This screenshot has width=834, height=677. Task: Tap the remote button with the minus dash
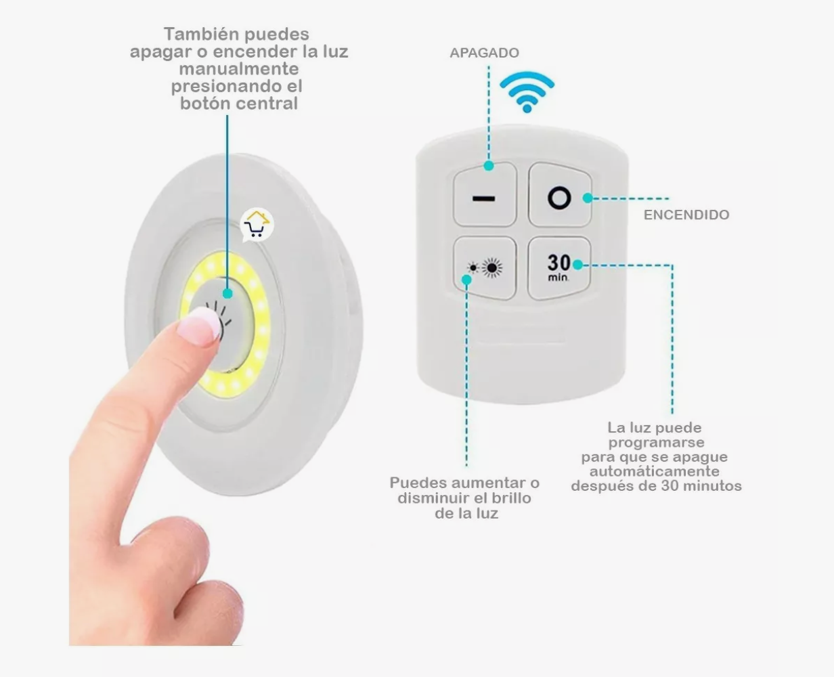485,194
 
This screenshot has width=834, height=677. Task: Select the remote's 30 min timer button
559,268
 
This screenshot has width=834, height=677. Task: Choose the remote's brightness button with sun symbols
485,268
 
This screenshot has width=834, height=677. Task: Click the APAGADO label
484,53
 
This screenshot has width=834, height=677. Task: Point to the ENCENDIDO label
686,215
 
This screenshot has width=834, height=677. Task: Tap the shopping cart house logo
257,224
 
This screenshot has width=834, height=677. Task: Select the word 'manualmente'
239,69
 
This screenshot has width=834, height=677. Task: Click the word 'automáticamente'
655,471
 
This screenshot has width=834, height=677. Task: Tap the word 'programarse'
656,443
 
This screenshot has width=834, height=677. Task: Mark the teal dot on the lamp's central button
227,293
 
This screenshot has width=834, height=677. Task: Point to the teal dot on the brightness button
466,280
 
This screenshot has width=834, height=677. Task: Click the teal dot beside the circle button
588,198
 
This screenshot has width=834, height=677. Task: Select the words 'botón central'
239,104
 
